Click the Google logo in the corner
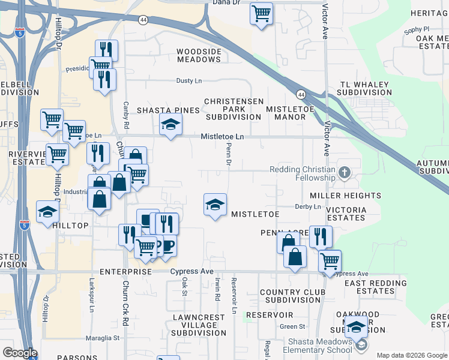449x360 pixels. coord(20,353)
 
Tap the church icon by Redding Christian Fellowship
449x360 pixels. coord(344,173)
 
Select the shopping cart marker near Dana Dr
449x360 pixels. coord(261,13)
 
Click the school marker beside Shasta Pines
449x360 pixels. coord(170,125)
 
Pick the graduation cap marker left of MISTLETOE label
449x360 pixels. coord(215,205)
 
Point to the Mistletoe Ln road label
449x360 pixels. coord(222,137)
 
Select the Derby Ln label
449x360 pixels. coord(309,206)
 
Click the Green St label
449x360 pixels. coord(293,326)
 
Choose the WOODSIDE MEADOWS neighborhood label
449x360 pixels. coord(199,55)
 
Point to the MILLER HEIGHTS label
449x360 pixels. coord(345,196)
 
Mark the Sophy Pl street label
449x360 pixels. coord(417,29)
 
